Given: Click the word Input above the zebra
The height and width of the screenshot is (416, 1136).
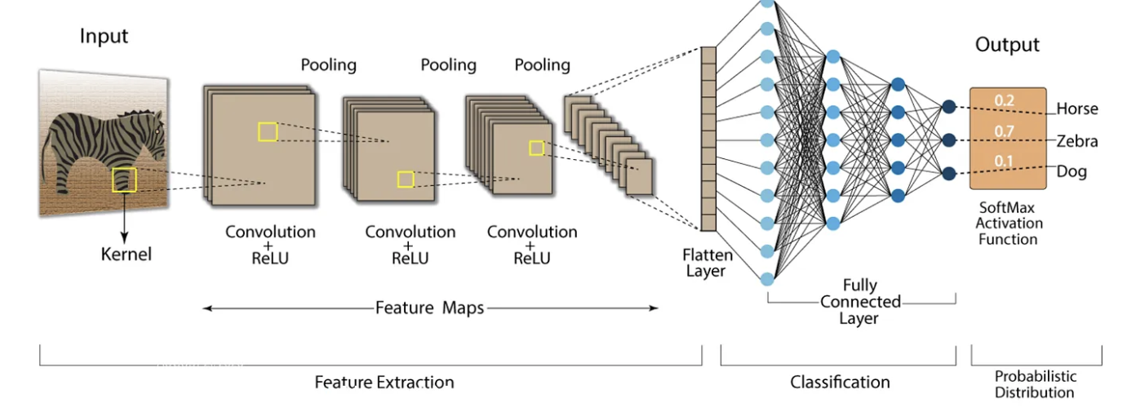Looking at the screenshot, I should point(104,37).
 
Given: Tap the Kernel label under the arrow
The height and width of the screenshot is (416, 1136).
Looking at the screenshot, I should point(126,254).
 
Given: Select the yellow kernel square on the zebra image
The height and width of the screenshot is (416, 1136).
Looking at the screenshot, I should point(124,179).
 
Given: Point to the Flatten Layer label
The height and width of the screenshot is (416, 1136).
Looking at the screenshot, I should point(707,263).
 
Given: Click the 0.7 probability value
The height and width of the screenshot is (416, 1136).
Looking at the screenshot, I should point(1003,131).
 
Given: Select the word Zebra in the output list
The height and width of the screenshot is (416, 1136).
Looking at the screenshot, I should point(1077,141).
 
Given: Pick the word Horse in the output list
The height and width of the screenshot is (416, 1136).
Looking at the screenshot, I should point(1077,109).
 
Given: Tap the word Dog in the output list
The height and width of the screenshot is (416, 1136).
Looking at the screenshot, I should point(1072,172).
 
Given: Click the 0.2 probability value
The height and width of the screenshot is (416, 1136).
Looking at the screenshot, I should point(1003,100).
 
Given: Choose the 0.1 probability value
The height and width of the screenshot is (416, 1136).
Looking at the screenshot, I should point(1003,161).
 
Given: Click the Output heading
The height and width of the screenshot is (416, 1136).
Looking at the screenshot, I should point(1007,45).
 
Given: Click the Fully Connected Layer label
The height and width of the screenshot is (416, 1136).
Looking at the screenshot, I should point(859,301).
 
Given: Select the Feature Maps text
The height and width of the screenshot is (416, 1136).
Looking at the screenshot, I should point(429,308).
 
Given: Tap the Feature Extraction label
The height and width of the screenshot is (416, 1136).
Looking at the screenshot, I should point(384,382).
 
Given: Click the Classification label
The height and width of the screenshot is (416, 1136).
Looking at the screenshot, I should point(840,382).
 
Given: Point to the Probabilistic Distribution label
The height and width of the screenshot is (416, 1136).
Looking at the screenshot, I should point(1035,384).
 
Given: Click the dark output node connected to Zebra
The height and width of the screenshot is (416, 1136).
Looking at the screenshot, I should point(948,140).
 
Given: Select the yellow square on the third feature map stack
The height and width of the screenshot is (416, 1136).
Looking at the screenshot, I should point(536,148).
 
